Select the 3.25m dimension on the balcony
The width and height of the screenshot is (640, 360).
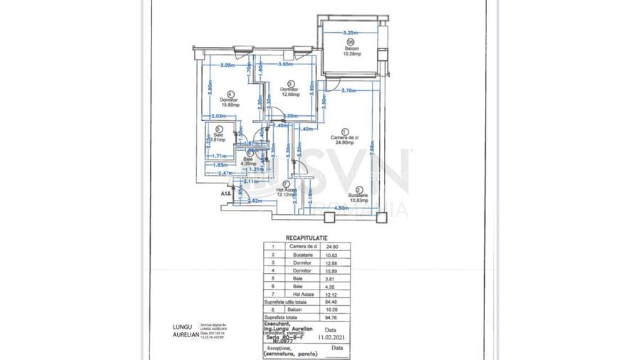point(349,33)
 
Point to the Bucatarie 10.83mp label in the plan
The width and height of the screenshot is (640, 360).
point(358,197)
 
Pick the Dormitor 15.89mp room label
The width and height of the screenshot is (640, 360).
point(228,102)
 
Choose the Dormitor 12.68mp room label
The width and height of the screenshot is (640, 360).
point(289,91)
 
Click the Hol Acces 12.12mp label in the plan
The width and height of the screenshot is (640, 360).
point(287,192)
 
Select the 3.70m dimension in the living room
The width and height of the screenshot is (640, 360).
point(348,90)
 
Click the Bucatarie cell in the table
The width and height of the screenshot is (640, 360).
point(294,255)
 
